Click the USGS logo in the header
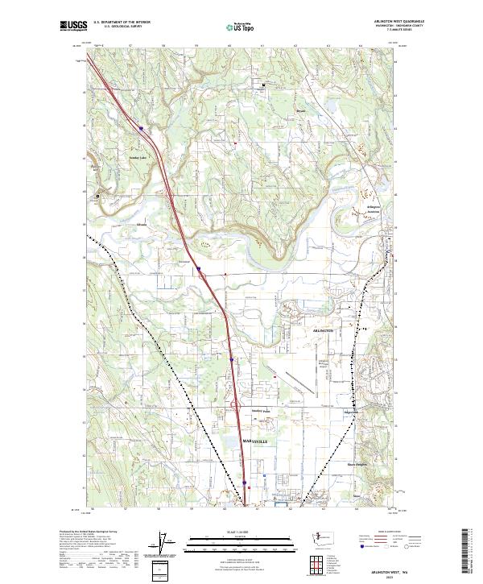(73, 26)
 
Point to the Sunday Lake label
(138, 158)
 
